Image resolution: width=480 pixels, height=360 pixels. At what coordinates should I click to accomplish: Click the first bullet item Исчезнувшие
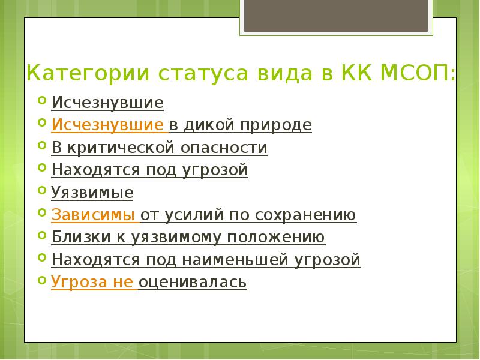[x=107, y=103]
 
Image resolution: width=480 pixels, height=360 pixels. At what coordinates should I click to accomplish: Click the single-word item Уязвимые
[x=92, y=193]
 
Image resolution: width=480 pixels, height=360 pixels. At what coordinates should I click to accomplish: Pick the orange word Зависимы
[x=94, y=215]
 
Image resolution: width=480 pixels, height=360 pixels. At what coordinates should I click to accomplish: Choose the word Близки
[x=79, y=238]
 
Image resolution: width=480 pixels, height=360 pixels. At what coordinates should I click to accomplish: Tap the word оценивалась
[x=193, y=283]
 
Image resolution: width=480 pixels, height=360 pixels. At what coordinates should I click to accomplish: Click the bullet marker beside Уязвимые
[x=41, y=191]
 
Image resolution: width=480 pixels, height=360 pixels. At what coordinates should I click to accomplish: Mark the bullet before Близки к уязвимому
[x=41, y=235]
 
